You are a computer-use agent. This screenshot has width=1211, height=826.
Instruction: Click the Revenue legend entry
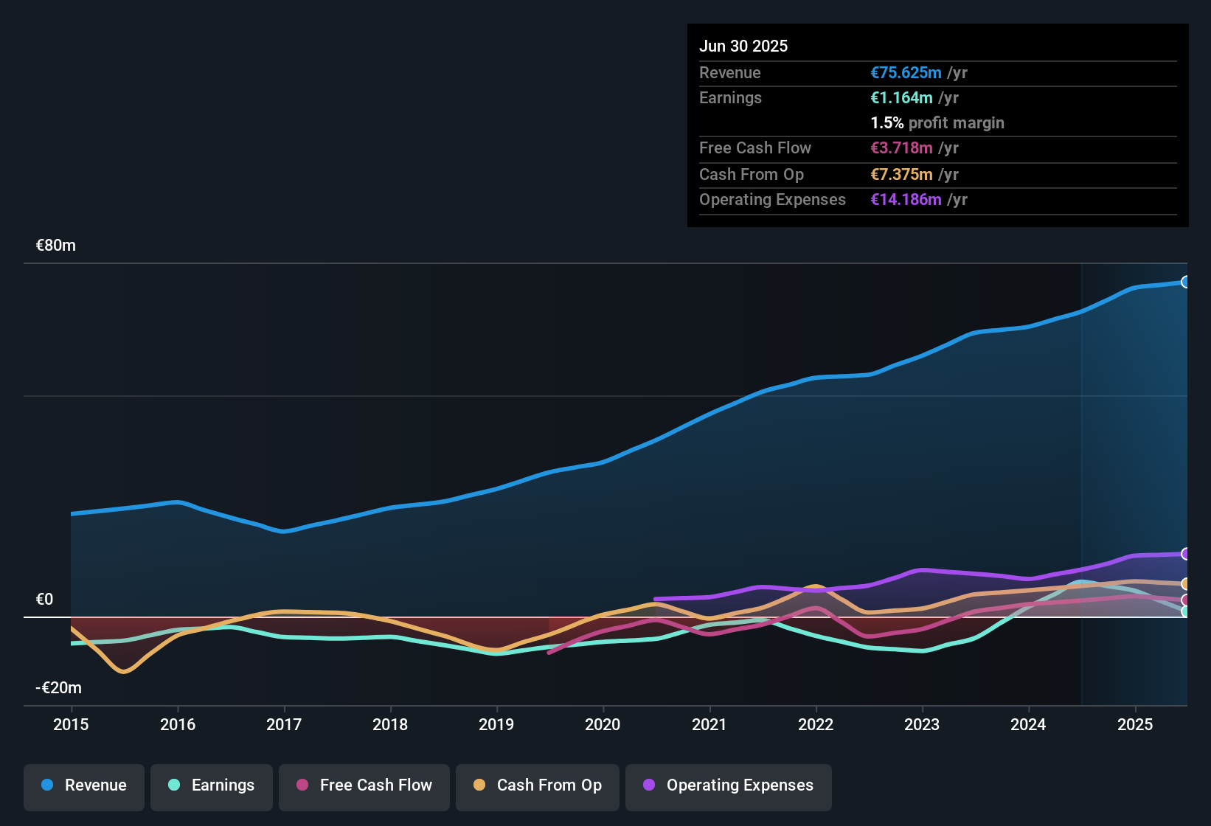coord(84,785)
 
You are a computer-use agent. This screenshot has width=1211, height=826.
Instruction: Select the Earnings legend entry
coord(212,785)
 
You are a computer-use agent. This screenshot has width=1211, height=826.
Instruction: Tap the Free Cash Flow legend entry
coord(364,785)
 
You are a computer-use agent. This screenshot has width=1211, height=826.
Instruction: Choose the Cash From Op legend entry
coord(538,785)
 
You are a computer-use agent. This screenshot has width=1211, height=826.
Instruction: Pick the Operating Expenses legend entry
coord(729,785)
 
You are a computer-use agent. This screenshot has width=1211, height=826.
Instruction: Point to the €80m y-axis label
coord(56,246)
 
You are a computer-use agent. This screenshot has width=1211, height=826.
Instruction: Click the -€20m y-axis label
coord(59,688)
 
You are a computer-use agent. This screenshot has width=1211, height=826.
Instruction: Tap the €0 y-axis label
coord(45,600)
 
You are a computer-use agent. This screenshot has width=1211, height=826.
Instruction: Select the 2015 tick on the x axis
coord(71,724)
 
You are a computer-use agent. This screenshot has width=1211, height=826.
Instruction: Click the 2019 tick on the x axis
coord(496,724)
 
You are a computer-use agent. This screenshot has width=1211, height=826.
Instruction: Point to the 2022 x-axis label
coord(816,724)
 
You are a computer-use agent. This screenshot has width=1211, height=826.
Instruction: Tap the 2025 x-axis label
coord(1135,724)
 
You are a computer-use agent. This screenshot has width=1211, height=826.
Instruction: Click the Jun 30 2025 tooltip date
coord(743,46)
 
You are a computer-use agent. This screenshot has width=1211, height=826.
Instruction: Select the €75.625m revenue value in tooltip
coord(906,73)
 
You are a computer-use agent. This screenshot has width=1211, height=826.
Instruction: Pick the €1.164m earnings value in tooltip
coord(901,98)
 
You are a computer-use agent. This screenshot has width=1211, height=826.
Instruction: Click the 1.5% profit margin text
coord(937,123)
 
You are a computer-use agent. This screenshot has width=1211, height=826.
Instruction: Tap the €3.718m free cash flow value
coord(901,148)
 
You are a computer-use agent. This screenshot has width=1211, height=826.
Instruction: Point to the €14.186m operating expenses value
coord(906,200)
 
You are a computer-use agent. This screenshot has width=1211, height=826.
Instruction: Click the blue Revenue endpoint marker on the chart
coord(1185,282)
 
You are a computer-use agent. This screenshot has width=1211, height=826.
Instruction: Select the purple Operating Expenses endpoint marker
coord(1185,554)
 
